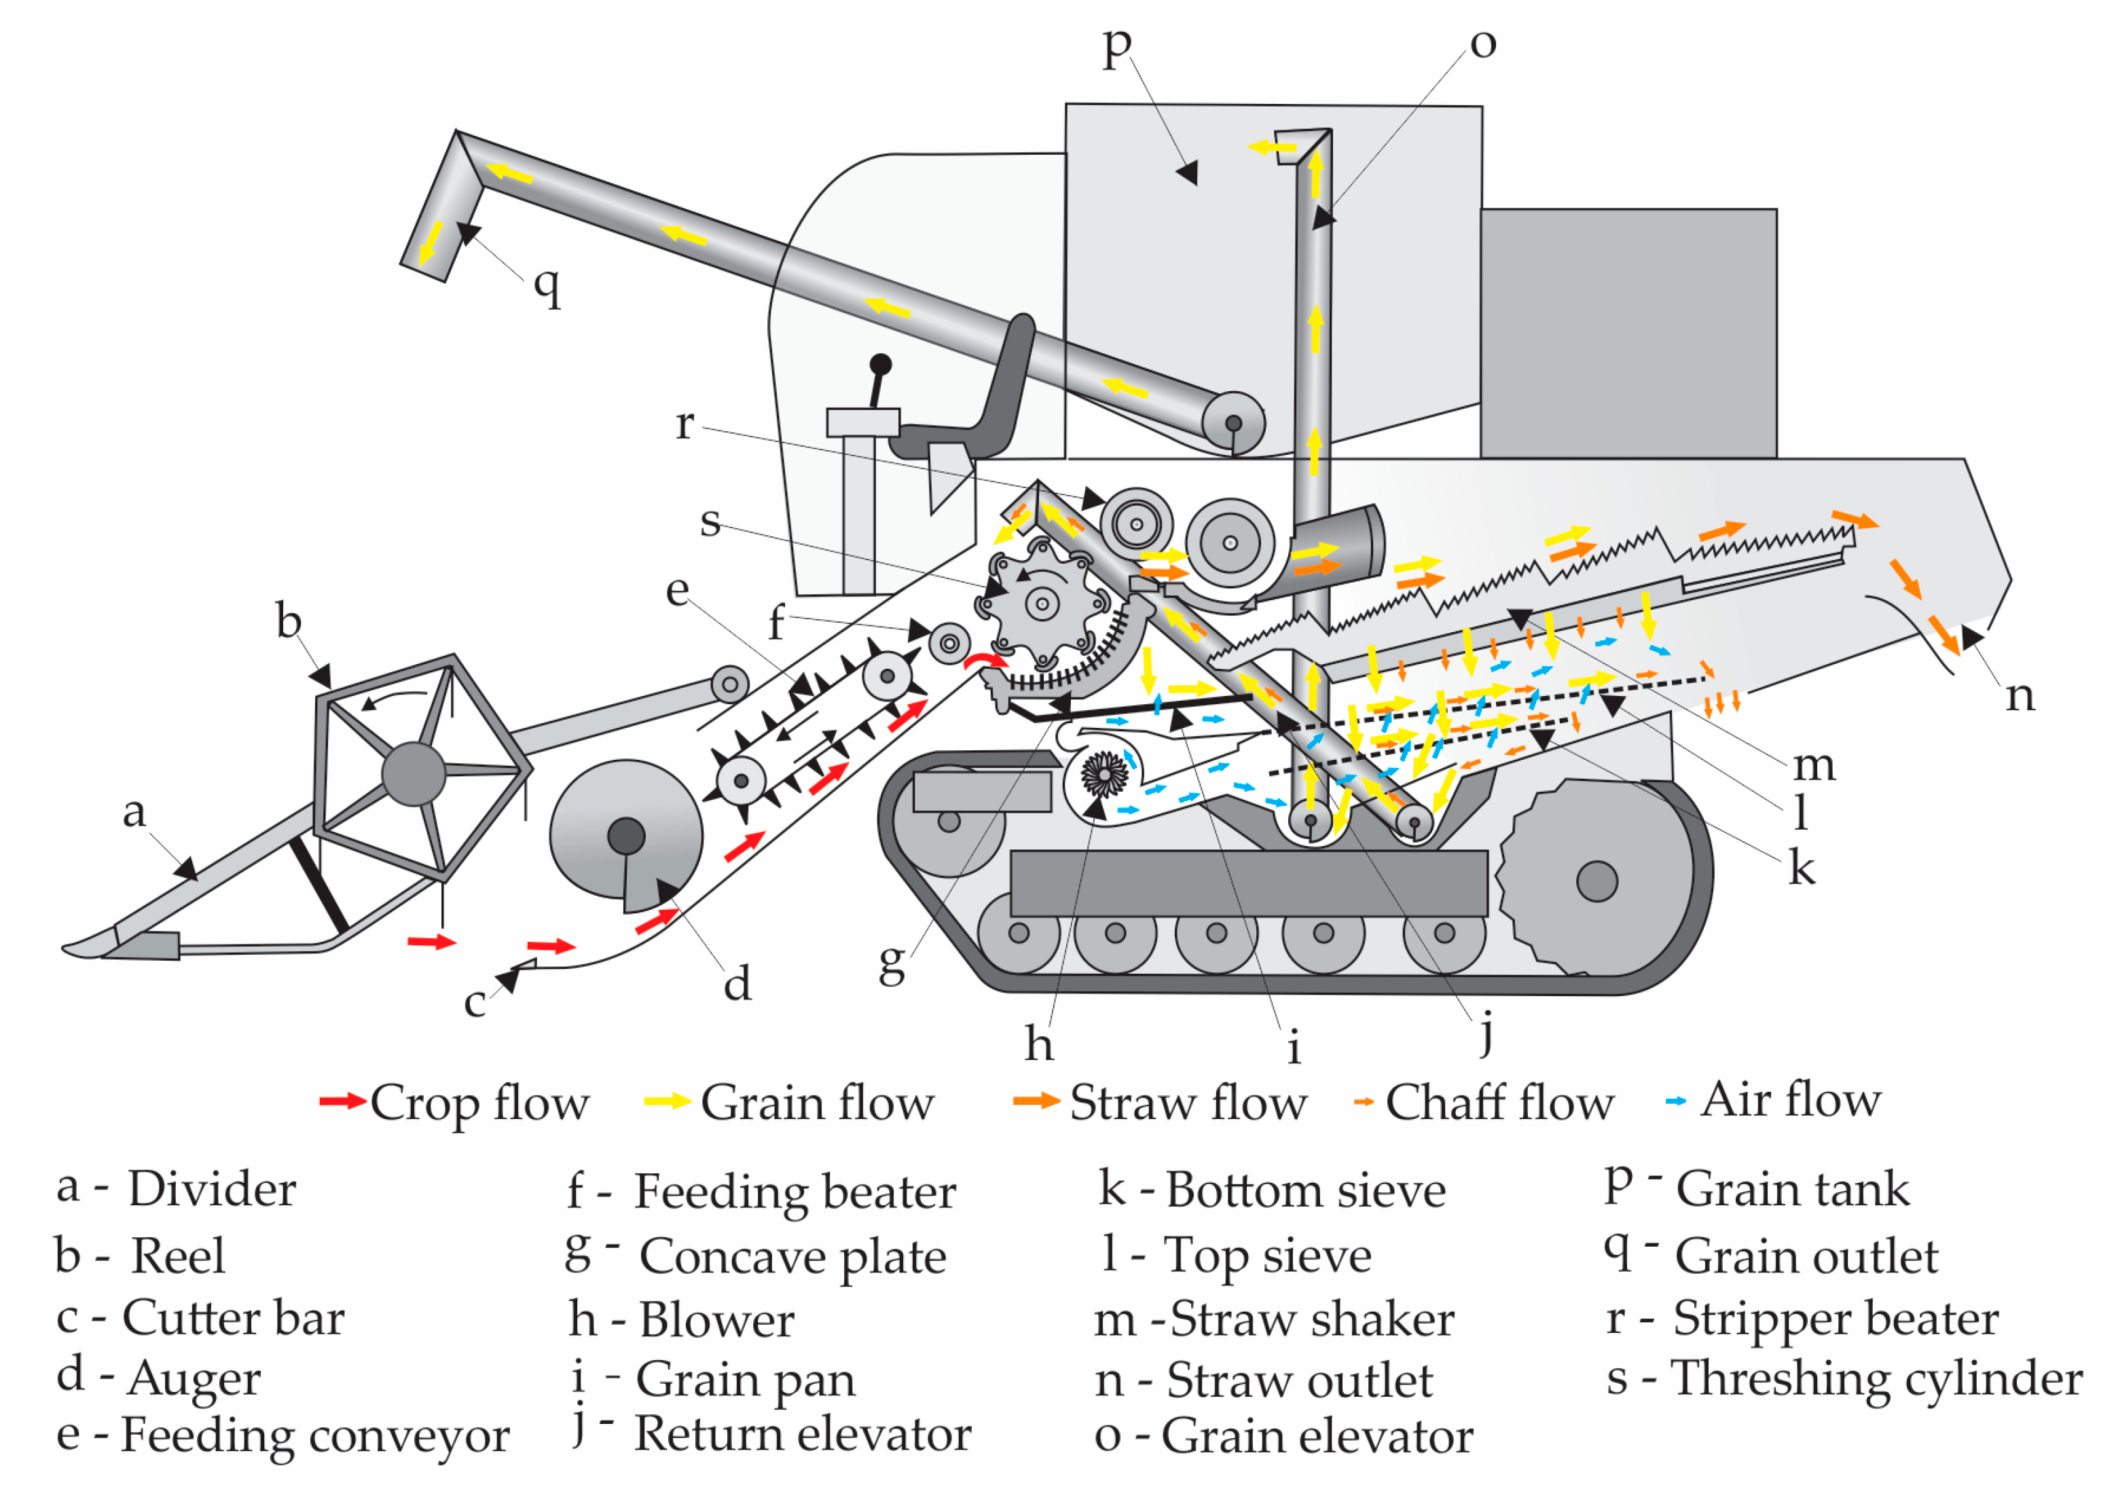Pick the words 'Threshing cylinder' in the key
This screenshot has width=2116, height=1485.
tap(1877, 1379)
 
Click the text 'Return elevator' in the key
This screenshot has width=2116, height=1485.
tap(803, 1434)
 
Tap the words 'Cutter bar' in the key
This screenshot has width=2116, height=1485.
tap(234, 1318)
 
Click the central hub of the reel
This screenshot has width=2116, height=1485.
tap(414, 774)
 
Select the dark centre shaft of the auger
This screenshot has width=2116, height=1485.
tap(627, 836)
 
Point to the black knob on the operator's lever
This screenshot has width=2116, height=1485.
tap(880, 364)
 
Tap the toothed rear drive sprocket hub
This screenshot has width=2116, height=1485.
tap(1597, 881)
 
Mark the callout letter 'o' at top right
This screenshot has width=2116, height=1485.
tap(1483, 43)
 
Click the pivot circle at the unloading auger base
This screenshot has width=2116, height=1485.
tap(1233, 423)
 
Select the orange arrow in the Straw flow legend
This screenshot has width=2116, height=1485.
tap(1036, 1101)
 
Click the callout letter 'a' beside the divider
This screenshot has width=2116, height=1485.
tap(134, 811)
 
